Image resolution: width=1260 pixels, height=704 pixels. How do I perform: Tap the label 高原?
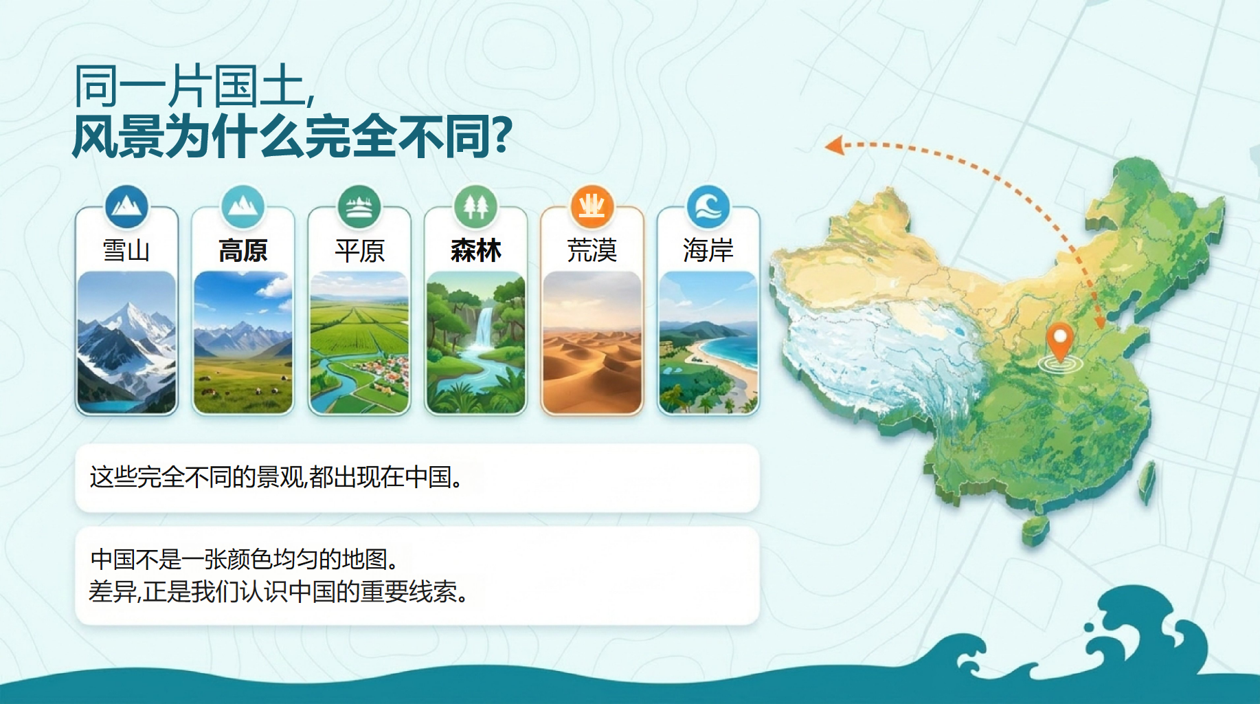(x=243, y=250)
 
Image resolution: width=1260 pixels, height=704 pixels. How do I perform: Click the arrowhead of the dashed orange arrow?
(x=834, y=145)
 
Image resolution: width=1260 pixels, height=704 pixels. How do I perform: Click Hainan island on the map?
(x=1035, y=531)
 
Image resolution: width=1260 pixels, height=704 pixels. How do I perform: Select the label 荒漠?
(x=592, y=250)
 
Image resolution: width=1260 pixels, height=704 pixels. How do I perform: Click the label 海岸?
(x=708, y=250)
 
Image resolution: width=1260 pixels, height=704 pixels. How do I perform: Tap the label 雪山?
(x=126, y=250)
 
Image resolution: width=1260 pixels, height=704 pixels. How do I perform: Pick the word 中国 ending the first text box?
(x=428, y=476)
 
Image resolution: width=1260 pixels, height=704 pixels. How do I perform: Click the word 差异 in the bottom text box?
(x=113, y=591)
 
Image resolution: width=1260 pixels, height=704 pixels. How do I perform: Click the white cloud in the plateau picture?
(x=275, y=285)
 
